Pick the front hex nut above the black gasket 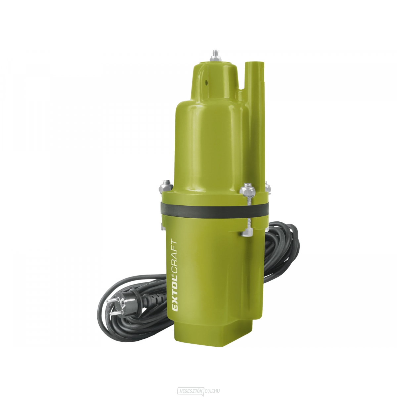246,190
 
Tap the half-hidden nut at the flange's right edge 267,188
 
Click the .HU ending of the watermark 216,390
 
